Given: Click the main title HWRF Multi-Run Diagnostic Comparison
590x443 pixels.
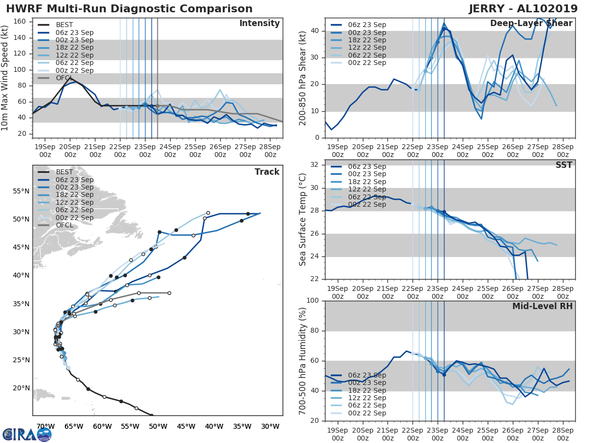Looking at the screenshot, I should pyautogui.click(x=129, y=9).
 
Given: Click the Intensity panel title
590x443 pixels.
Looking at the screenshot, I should pyautogui.click(x=259, y=24).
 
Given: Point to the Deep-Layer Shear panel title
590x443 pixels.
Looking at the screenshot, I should pyautogui.click(x=531, y=24).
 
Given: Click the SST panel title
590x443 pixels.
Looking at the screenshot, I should pyautogui.click(x=564, y=165).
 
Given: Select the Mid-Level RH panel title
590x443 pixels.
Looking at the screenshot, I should pyautogui.click(x=542, y=306).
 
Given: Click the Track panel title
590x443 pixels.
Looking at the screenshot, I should pyautogui.click(x=267, y=172).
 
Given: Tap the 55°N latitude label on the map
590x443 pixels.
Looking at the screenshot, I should pyautogui.click(x=21, y=191).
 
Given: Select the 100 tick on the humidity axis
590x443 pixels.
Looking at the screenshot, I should pyautogui.click(x=313, y=301).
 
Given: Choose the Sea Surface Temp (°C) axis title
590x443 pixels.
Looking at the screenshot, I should pyautogui.click(x=303, y=220).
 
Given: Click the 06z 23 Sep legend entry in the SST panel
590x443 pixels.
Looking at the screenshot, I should pyautogui.click(x=367, y=166).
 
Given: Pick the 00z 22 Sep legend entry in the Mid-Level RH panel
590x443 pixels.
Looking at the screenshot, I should pyautogui.click(x=367, y=413).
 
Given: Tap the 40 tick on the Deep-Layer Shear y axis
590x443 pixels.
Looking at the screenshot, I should pyautogui.click(x=315, y=31).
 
